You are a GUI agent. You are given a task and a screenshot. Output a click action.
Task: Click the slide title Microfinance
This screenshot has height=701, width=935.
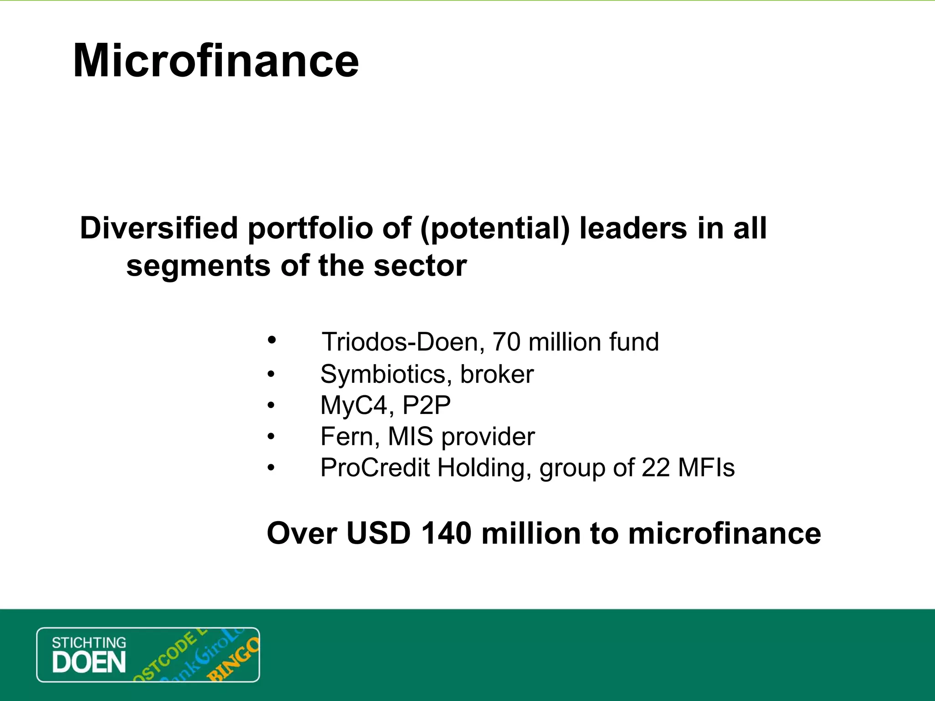[x=215, y=61]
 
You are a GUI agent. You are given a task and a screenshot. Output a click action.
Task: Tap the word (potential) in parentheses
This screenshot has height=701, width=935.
[x=495, y=228]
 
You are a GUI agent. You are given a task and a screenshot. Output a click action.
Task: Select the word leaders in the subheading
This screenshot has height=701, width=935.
[x=633, y=228]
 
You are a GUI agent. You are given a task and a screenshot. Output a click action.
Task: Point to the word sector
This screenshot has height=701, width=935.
[x=420, y=266]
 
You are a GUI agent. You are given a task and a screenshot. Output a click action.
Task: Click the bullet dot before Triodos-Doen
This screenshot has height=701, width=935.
[x=272, y=340]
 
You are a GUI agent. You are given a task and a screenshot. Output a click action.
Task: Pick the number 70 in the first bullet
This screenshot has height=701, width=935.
[x=506, y=342]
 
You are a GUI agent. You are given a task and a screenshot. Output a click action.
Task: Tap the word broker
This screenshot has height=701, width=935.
[x=497, y=374]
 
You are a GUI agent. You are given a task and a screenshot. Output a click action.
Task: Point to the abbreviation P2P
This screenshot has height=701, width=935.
[x=426, y=405]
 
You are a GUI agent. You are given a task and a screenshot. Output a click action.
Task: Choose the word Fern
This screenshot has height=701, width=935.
[x=347, y=436]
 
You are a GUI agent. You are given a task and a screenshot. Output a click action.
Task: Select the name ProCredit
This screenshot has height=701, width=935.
[x=375, y=468]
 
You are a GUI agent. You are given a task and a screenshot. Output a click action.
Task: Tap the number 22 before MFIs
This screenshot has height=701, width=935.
[x=656, y=468]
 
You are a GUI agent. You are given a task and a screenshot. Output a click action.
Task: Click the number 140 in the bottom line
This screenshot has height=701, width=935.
[x=446, y=533]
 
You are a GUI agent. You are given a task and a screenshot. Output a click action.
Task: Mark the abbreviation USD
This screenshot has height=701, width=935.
[x=378, y=533]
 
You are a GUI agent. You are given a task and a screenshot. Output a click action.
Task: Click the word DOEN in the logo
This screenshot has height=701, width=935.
[x=89, y=663]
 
